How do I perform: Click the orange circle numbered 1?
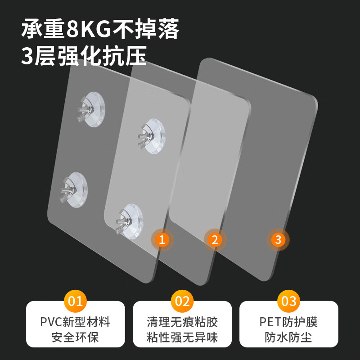pyautogui.click(x=162, y=239)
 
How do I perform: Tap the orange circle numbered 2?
pyautogui.click(x=215, y=239)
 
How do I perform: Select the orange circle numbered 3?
pyautogui.click(x=278, y=239)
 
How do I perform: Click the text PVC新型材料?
pyautogui.click(x=75, y=322)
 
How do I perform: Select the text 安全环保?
pyautogui.click(x=75, y=337)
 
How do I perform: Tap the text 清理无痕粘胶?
pyautogui.click(x=182, y=322)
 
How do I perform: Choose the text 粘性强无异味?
pyautogui.click(x=182, y=337)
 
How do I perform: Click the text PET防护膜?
pyautogui.click(x=288, y=322)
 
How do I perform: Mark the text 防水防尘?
pyautogui.click(x=288, y=337)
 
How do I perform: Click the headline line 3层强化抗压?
pyautogui.click(x=84, y=57)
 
